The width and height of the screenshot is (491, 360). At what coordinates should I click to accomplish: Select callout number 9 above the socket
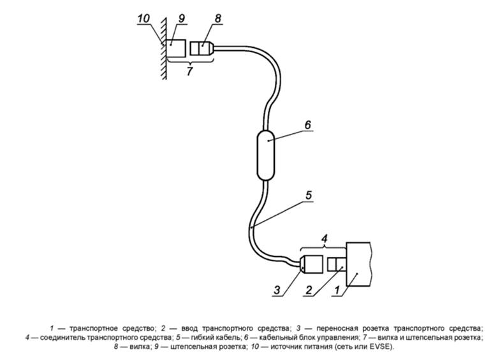click(x=181, y=20)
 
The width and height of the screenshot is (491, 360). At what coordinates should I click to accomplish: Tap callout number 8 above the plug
click(x=217, y=20)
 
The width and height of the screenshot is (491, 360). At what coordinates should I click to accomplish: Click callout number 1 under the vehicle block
click(x=339, y=291)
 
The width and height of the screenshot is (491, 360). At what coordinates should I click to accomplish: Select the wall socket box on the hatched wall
click(x=178, y=47)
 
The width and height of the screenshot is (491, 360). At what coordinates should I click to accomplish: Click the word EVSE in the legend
click(x=383, y=347)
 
